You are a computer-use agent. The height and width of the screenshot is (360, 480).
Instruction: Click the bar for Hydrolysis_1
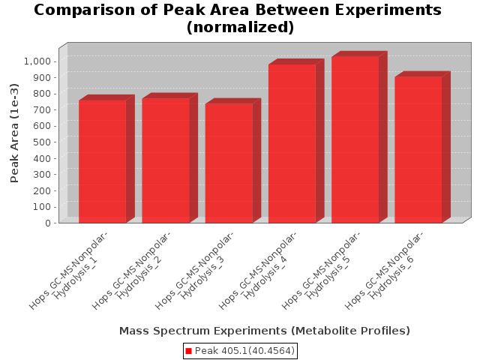coord(103,161)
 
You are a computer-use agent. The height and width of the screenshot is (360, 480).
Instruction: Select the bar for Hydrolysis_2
coord(166,160)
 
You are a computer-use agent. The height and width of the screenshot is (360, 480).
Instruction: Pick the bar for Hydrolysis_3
coord(229,163)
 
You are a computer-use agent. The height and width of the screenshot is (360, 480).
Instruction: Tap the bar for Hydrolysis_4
coord(292,143)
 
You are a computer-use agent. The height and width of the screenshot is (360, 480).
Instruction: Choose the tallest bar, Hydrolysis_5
coord(355,139)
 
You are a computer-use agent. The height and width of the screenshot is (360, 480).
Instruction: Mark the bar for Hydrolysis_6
coord(418,150)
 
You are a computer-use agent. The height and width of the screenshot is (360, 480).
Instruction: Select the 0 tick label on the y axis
coord(48,223)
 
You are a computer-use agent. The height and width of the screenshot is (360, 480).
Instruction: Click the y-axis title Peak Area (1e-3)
coord(14,133)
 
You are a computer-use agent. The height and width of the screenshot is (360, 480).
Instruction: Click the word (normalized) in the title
coord(240,27)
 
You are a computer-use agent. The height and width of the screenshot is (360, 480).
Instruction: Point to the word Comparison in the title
coord(85,10)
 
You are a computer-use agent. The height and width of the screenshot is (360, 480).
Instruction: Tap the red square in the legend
coord(188,351)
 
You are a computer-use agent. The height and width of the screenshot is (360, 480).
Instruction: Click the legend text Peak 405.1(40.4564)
coord(244,351)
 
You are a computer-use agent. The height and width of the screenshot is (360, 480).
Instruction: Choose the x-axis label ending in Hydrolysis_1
coord(69,270)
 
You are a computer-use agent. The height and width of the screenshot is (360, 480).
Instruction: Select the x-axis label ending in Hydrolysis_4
coord(259,270)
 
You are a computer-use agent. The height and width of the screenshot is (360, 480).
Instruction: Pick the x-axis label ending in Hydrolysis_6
coord(385,270)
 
